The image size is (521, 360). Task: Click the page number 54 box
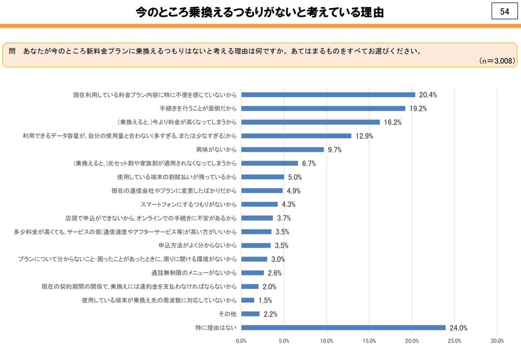click(504, 12)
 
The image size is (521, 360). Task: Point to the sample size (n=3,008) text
click(497, 61)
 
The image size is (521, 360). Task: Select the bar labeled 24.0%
click(343, 328)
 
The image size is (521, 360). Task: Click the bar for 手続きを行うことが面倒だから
click(323, 108)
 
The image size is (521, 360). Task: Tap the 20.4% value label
click(428, 95)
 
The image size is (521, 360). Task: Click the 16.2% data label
click(392, 122)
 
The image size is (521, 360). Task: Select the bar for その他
click(251, 314)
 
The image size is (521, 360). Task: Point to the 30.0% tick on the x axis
click(497, 341)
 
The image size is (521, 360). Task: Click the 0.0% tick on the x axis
click(241, 341)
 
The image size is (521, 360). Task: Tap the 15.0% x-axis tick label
click(369, 341)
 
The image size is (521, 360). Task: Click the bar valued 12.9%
click(296, 136)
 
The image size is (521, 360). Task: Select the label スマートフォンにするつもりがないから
click(189, 204)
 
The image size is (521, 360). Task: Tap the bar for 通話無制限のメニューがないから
click(252, 273)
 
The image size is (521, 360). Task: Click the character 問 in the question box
click(12, 50)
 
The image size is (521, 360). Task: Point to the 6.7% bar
click(270, 163)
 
